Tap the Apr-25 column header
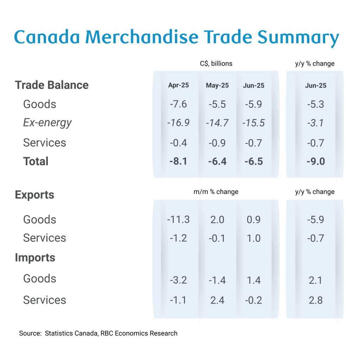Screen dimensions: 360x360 (178, 85)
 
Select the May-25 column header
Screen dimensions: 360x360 (217, 85)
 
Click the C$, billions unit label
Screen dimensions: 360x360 (216, 64)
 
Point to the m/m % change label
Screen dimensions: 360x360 (216, 192)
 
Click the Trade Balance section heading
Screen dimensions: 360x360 (52, 85)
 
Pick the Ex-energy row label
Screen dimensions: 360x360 (47, 123)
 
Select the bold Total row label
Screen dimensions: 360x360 (36, 161)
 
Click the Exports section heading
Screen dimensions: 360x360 (34, 195)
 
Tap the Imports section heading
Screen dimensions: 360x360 (35, 258)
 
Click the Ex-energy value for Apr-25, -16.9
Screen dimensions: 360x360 (178, 123)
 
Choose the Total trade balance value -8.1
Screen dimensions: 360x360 (178, 162)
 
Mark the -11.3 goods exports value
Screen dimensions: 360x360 (178, 220)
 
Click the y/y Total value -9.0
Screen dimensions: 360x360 (315, 162)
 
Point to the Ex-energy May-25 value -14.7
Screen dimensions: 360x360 (217, 123)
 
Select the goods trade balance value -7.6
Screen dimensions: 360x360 (178, 104)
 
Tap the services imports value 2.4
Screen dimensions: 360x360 (217, 300)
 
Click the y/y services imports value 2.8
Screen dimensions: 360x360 (315, 300)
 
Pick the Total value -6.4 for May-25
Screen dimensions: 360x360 (217, 162)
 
